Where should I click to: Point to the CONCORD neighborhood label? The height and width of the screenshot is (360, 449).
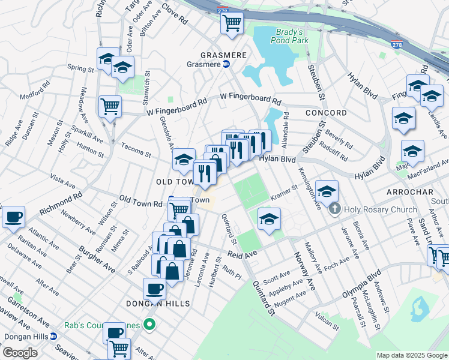pos(326,113)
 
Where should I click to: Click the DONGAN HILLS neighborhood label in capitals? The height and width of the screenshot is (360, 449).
pos(158,304)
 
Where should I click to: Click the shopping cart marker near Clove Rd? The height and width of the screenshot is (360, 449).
pos(232,23)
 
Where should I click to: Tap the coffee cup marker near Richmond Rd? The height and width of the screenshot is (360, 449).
pos(13,217)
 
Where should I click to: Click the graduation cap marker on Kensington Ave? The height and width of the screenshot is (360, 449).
pos(327,192)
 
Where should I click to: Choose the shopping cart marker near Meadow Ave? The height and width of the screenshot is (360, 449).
pos(110,107)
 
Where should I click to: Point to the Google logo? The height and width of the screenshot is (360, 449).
pos(20,353)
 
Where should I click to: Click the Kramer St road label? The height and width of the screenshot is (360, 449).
pos(284,190)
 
